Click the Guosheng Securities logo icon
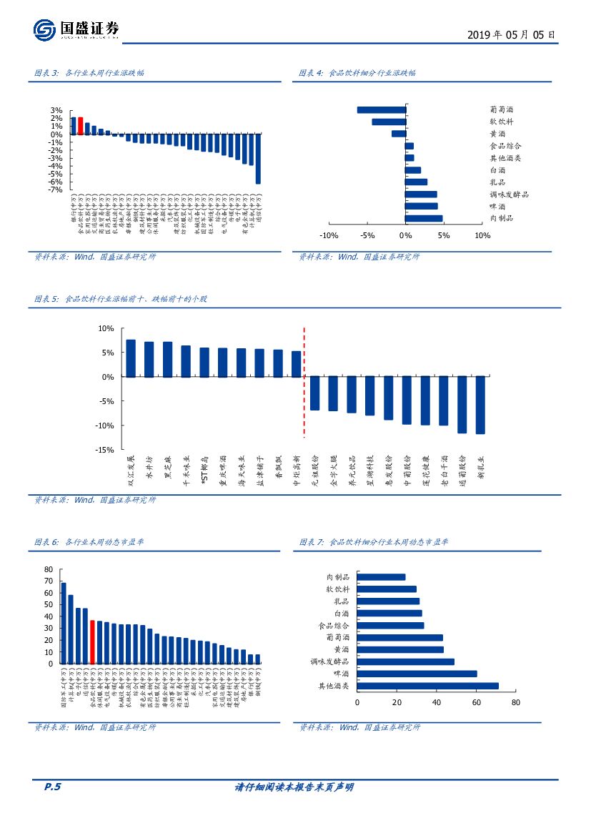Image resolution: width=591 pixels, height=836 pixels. pyautogui.click(x=44, y=30)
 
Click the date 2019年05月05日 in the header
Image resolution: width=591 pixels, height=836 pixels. pyautogui.click(x=510, y=34)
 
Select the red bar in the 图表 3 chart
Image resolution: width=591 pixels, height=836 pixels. pyautogui.click(x=81, y=125)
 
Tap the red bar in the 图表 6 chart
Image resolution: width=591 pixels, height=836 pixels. pyautogui.click(x=92, y=642)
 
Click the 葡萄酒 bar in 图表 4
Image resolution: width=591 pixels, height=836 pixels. pyautogui.click(x=381, y=110)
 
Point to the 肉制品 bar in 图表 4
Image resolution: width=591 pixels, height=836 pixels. pyautogui.click(x=424, y=218)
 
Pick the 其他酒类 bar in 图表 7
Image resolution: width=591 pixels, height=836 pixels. pyautogui.click(x=427, y=686)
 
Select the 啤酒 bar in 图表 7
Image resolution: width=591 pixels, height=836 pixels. pyautogui.click(x=417, y=674)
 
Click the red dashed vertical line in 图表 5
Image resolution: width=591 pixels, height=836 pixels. pyautogui.click(x=304, y=382)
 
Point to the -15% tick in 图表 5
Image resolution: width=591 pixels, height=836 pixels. pyautogui.click(x=106, y=450)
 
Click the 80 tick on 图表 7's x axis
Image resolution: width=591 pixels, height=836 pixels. pyautogui.click(x=516, y=703)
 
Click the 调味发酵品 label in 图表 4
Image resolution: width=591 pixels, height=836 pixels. pyautogui.click(x=509, y=195)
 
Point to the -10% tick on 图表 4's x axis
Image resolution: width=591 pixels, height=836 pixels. pyautogui.click(x=328, y=236)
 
